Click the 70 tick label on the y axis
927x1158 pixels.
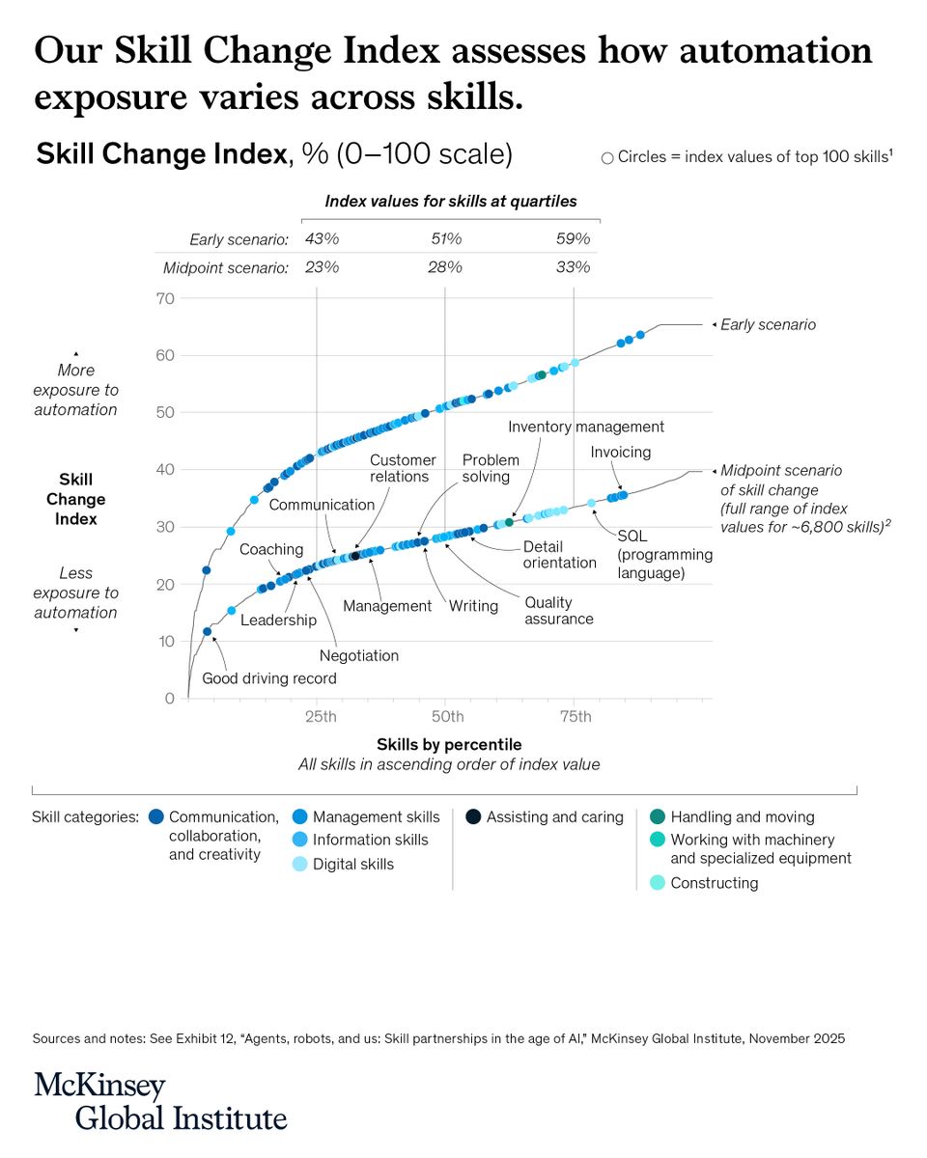[x=164, y=299]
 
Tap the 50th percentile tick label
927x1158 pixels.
[x=447, y=716]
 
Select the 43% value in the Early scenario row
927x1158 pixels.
[x=322, y=239]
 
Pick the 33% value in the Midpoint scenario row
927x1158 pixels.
[x=573, y=267]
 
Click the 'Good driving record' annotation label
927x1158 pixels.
[x=268, y=678]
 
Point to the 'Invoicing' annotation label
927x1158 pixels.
[x=620, y=452]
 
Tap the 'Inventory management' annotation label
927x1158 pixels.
[x=585, y=427]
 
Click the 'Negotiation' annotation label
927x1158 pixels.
[x=358, y=655]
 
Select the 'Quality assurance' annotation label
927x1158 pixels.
[x=558, y=610]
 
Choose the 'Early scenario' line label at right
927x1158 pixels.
[x=768, y=325]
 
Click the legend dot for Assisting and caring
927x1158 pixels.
[x=473, y=817]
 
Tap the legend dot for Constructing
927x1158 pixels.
[x=658, y=882]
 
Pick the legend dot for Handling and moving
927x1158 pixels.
[x=658, y=817]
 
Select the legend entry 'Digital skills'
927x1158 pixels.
[x=352, y=864]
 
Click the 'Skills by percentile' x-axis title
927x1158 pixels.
[x=449, y=744]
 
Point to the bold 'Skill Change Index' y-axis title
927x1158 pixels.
[x=75, y=499]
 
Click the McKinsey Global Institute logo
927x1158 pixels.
[x=160, y=1101]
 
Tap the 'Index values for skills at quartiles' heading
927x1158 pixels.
[x=450, y=202]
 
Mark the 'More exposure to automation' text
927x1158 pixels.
[x=75, y=390]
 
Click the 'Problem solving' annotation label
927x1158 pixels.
[x=490, y=468]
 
